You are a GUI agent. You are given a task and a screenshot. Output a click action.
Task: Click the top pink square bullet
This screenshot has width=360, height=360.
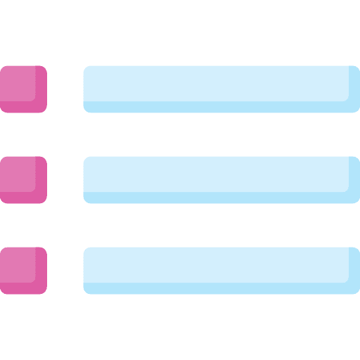[23, 89]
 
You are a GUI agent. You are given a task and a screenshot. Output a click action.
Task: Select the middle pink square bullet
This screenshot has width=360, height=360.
[23, 179]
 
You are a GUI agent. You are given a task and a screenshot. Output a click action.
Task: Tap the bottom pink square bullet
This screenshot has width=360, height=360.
[23, 270]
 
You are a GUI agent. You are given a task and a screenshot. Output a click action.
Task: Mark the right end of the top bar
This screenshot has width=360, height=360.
[355, 89]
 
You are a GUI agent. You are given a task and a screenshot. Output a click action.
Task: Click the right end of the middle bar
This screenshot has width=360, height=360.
[355, 179]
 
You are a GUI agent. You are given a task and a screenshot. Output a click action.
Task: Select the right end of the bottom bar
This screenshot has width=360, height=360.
[355, 270]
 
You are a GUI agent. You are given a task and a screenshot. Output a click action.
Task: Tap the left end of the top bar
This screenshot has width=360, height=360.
[87, 89]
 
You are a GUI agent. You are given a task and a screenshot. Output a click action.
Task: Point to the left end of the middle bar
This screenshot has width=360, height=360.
[87, 179]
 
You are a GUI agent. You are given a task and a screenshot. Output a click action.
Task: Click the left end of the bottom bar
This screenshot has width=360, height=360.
[87, 270]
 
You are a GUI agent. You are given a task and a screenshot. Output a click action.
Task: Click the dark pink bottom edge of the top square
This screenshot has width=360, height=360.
[23, 108]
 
